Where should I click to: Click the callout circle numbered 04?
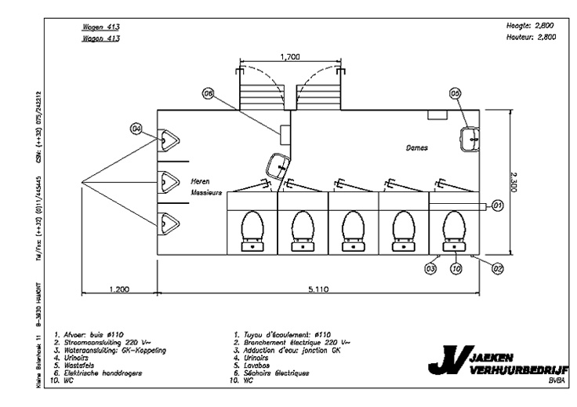136,128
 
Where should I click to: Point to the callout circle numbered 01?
497,205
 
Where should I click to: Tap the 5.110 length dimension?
317,289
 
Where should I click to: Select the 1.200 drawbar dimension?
119,289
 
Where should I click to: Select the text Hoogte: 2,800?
532,26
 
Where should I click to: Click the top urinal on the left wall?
168,140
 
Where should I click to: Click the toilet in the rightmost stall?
455,228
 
